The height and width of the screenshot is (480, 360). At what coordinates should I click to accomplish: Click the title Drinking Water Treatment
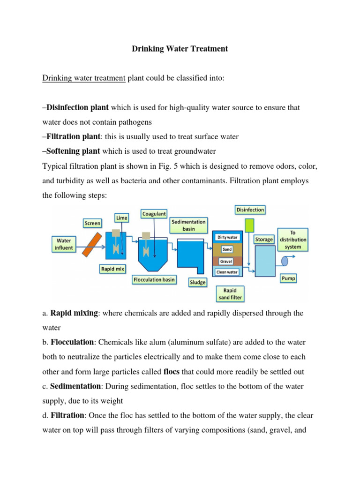(180, 49)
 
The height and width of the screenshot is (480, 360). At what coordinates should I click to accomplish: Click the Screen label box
(92, 223)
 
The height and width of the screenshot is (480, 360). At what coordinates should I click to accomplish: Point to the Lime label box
(122, 218)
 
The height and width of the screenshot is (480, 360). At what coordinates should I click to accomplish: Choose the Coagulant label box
(154, 214)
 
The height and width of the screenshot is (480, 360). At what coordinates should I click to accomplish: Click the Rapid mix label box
(112, 269)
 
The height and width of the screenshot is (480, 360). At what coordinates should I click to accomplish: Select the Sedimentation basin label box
(188, 225)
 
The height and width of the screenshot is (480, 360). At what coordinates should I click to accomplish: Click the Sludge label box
(197, 282)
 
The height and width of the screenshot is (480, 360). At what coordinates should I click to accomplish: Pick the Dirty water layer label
(227, 237)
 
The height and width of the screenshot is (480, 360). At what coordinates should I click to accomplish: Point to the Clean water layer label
(227, 272)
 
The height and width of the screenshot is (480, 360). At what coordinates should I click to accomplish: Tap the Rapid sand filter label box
(230, 293)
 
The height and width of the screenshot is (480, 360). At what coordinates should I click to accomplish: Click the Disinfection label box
(250, 210)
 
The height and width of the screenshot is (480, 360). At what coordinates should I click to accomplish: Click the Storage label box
(263, 240)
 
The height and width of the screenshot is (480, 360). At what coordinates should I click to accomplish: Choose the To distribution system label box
(293, 239)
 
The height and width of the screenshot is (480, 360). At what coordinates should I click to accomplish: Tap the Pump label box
(288, 278)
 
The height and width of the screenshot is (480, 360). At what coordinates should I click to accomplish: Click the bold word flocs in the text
(172, 372)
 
